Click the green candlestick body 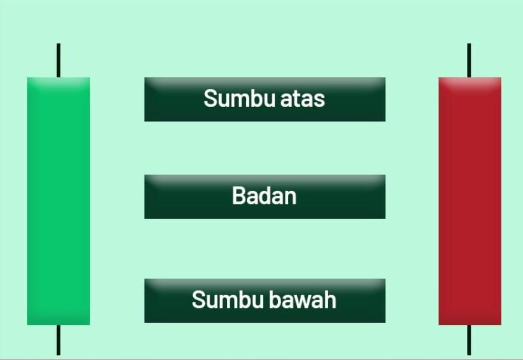click(x=58, y=201)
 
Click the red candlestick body click(x=469, y=201)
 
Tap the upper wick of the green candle click(x=58, y=60)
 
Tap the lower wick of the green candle click(x=58, y=340)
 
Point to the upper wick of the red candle click(x=469, y=60)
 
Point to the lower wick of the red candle click(x=469, y=340)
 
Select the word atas click(x=302, y=99)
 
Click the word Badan click(x=264, y=196)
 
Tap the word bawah click(x=302, y=299)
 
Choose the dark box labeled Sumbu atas click(x=265, y=99)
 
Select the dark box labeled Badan click(x=265, y=197)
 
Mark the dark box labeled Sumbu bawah click(x=265, y=301)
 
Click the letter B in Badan click(x=239, y=196)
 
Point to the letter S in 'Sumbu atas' click(x=211, y=98)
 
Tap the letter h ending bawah click(x=330, y=299)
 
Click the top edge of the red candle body click(x=469, y=77)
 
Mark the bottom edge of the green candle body click(x=58, y=325)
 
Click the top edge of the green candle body click(x=58, y=77)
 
